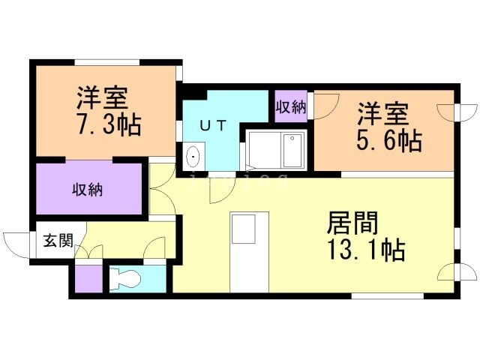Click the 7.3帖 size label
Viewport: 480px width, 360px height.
pos(109,124)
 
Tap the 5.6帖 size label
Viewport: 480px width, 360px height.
pos(389,139)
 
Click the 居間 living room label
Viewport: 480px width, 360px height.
pos(352,223)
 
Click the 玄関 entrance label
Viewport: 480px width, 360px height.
pos(58,241)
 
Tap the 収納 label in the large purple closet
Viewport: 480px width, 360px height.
pos(87,189)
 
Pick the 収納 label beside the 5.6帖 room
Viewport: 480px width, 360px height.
pos(291,106)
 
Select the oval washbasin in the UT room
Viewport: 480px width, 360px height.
pos(193,157)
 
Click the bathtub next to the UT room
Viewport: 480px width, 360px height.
pos(274,150)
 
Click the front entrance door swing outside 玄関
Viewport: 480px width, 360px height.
pos(16,243)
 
